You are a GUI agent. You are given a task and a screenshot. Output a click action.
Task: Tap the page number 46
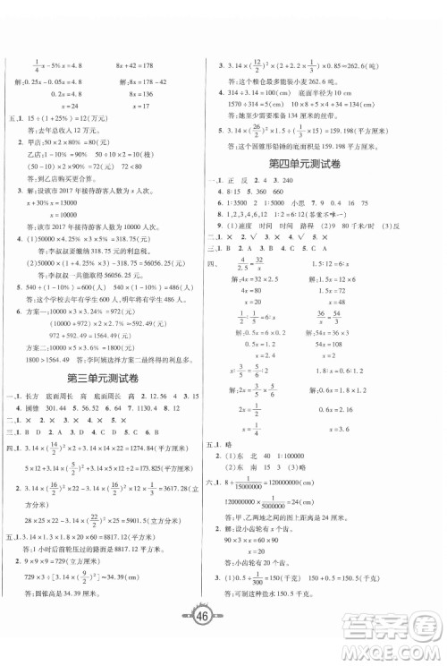(223, 638)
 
